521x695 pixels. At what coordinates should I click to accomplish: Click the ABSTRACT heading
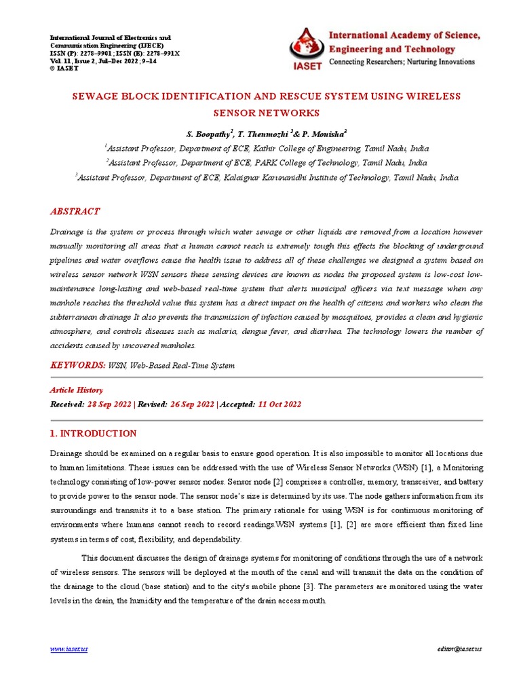[75, 212]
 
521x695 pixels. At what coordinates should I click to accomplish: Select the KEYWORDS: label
[78, 365]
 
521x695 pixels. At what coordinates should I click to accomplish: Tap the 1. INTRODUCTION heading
[94, 434]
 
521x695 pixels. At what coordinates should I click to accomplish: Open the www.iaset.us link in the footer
[69, 650]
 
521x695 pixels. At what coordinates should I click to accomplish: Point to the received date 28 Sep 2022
[110, 405]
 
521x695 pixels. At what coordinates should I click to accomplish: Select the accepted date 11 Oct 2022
[279, 405]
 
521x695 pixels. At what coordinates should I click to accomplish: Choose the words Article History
[77, 390]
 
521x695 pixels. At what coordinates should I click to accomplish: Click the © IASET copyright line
[64, 68]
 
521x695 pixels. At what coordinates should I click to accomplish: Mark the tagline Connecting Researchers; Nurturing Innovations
[402, 62]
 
